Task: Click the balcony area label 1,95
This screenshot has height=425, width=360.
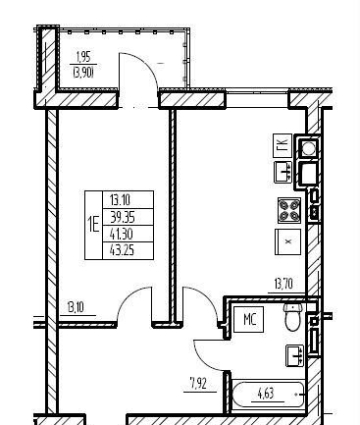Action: [x=82, y=58]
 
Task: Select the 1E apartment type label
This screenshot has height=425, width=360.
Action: [x=93, y=225]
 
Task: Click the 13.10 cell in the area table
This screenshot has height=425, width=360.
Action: [x=120, y=199]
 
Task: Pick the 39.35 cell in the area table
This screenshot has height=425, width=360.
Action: [x=123, y=217]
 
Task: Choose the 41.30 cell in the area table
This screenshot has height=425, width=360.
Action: [x=122, y=234]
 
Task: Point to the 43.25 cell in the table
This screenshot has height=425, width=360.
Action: [x=122, y=250]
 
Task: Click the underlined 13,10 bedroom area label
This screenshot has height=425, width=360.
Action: [x=76, y=308]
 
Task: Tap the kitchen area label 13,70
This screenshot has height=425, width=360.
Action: [x=283, y=284]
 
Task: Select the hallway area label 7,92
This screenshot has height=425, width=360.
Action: [x=198, y=383]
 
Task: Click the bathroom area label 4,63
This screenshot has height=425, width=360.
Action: [x=266, y=394]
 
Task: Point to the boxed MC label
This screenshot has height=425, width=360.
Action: [x=249, y=319]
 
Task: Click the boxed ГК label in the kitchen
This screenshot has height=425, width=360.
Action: [x=283, y=145]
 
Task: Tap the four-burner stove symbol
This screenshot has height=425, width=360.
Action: [x=289, y=210]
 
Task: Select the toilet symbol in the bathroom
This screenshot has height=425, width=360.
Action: [x=292, y=317]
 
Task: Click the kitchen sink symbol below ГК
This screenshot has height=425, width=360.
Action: [x=283, y=172]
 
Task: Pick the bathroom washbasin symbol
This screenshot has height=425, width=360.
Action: [x=295, y=355]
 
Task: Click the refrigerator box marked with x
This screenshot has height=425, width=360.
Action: [x=287, y=241]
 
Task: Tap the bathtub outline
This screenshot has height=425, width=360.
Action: [x=268, y=395]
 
